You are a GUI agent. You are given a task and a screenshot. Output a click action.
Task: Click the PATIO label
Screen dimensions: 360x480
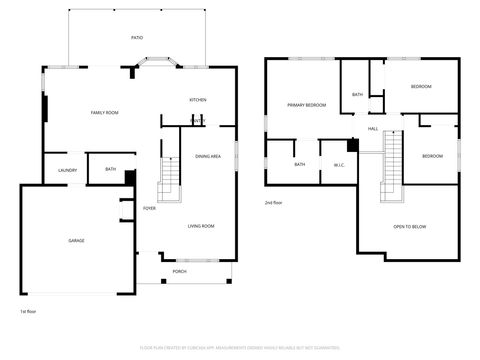(137, 37)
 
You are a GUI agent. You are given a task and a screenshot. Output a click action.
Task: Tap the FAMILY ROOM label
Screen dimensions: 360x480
(105, 113)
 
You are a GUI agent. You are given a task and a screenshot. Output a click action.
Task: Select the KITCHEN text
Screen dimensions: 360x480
(198, 100)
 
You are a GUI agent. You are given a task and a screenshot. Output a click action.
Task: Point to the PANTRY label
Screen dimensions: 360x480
(198, 122)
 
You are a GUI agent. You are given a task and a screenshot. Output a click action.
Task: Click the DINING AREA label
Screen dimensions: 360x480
(208, 156)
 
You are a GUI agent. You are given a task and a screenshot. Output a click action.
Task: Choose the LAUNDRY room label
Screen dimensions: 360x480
(67, 170)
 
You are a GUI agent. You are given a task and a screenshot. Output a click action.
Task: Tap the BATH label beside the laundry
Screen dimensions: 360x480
(110, 169)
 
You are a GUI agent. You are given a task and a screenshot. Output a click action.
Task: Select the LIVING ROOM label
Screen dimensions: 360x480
(201, 226)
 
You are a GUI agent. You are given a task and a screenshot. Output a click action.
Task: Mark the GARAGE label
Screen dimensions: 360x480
(76, 241)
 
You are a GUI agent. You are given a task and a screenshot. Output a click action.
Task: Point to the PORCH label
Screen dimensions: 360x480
(180, 271)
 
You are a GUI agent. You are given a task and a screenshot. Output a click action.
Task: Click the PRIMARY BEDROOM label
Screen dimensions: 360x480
(307, 105)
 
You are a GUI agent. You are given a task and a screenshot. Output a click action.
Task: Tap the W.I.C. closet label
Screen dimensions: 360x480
(338, 165)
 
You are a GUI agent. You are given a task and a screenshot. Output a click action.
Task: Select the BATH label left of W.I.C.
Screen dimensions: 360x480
(300, 165)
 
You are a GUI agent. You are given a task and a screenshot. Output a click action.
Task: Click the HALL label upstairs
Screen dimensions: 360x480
(373, 129)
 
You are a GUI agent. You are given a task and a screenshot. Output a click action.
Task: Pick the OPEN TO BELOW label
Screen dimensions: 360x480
(409, 227)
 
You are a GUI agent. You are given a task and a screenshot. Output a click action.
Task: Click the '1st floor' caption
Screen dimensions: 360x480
(28, 312)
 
